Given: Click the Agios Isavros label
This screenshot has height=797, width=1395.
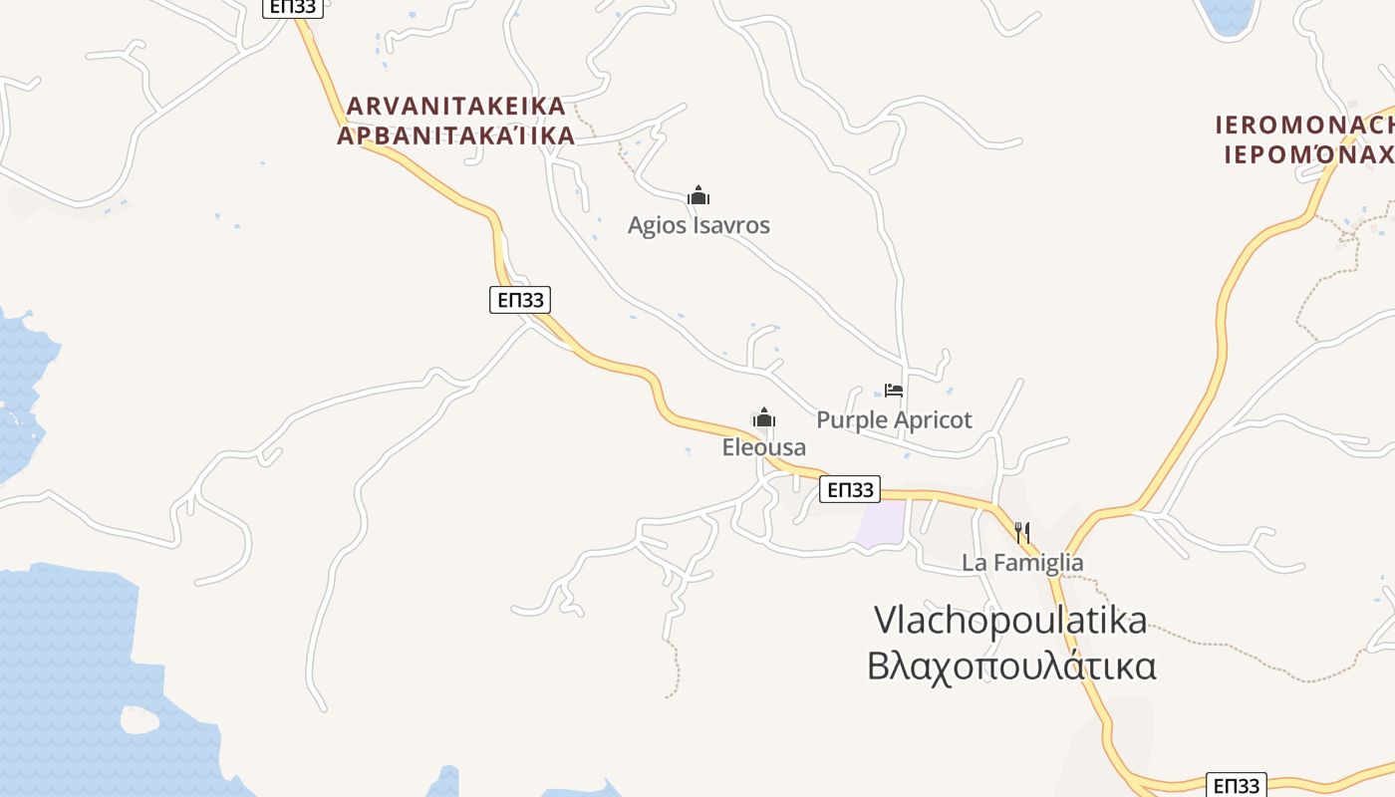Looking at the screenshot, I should [698, 225].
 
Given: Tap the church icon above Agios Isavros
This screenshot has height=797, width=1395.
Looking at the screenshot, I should [698, 195].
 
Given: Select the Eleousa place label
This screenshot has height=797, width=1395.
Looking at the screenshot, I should [763, 447].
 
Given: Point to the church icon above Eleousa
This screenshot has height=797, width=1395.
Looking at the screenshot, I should [764, 417].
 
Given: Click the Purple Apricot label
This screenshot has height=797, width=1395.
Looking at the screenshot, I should [894, 419].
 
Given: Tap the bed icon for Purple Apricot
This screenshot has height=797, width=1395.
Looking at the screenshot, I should [894, 391].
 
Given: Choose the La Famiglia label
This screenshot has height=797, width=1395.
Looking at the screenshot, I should [1021, 562].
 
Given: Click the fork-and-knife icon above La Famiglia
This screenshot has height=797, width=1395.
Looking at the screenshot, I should [1021, 532].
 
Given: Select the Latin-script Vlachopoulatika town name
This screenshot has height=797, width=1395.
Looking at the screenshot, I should [1010, 620].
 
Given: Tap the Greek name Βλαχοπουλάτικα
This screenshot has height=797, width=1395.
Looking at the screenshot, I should [1010, 665].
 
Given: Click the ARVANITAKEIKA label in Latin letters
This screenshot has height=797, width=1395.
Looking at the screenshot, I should [455, 106].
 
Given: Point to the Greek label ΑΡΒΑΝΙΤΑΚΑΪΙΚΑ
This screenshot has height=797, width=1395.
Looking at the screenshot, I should [455, 135].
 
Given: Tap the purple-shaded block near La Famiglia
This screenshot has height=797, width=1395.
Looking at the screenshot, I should [882, 523].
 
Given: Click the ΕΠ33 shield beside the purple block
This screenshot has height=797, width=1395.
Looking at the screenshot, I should [850, 489].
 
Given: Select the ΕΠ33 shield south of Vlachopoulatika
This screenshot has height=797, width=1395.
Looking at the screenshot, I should [1237, 785].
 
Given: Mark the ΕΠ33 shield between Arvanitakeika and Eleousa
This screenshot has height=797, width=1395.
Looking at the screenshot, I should [520, 299].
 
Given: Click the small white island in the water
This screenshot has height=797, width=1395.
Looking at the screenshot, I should [139, 719].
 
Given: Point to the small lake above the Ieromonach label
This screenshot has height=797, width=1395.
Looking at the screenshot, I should [1230, 15].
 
